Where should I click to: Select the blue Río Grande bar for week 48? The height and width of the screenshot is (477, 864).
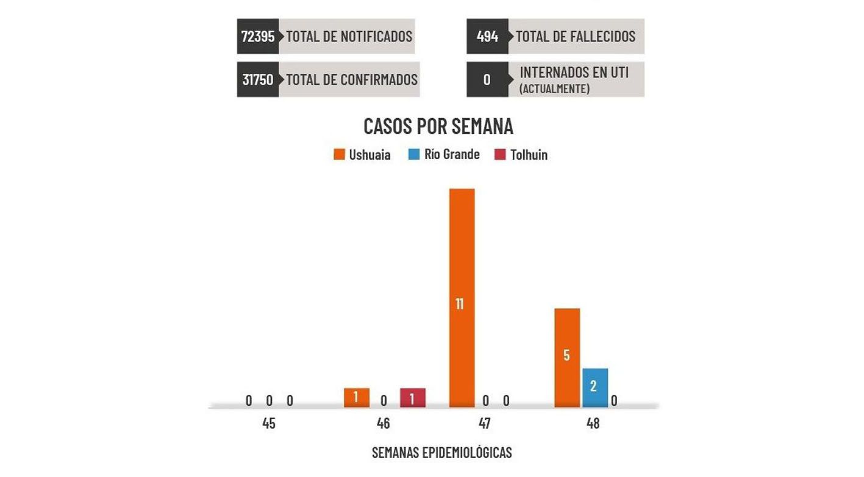594,387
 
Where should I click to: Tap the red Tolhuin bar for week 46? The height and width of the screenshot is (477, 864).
412,398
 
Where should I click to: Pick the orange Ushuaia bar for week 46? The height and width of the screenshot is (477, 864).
356,398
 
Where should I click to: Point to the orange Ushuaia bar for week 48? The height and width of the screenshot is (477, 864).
566,358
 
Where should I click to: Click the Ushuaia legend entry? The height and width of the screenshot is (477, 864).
362,155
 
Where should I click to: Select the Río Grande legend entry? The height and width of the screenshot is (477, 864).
444,155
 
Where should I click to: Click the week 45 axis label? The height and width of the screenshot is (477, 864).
269,423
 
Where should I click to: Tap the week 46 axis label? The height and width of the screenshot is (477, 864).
383,423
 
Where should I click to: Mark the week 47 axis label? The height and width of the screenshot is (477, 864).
485,423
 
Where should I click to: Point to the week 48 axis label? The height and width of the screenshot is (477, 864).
593,423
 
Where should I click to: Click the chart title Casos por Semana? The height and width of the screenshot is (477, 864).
438,126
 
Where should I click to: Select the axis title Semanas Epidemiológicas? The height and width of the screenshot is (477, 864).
441,453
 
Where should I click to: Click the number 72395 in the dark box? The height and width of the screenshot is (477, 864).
258,37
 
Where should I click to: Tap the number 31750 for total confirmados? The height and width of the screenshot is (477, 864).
258,79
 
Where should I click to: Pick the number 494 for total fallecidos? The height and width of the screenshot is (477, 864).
487,37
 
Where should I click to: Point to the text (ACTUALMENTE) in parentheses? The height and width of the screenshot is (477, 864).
554,89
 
